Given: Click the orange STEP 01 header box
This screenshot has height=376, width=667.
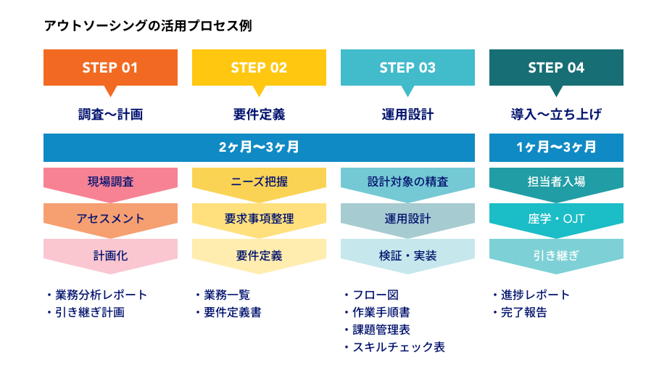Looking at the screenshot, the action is point(111,68).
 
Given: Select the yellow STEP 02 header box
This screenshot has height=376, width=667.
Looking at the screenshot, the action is point(259,68).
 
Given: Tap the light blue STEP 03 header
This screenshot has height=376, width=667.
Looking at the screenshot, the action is point(407,68).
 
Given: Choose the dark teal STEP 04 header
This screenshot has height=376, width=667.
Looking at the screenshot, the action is point(556,68).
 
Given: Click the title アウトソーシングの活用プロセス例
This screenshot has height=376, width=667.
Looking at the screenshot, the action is point(148,26).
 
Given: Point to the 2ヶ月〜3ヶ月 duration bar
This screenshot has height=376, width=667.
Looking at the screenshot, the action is point(259,148).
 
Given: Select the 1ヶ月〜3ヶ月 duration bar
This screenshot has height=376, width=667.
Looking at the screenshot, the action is point(556,148).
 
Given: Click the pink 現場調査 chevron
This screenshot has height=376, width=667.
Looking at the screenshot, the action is point(111,182).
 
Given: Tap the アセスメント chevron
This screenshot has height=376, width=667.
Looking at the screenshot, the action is point(111,219).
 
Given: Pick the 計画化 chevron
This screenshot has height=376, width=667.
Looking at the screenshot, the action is point(111,256).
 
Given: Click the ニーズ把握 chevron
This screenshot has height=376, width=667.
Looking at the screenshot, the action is point(259,182).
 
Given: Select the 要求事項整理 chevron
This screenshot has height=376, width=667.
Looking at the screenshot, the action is point(259,219).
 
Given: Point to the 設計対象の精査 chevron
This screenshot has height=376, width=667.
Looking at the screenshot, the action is point(407,182).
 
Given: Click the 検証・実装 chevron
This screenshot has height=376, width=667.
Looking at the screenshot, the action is point(407,256).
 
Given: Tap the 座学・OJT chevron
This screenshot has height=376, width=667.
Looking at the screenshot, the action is point(556,219).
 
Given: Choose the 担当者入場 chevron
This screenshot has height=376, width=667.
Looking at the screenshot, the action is point(556,182).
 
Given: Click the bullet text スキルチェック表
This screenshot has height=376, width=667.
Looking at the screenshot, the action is point(399,347).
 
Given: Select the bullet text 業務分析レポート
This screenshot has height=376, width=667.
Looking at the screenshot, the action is point(101,295).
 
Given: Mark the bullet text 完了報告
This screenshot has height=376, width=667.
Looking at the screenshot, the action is point(523,312).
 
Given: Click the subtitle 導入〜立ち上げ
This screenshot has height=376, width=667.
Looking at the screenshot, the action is point(556,114).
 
